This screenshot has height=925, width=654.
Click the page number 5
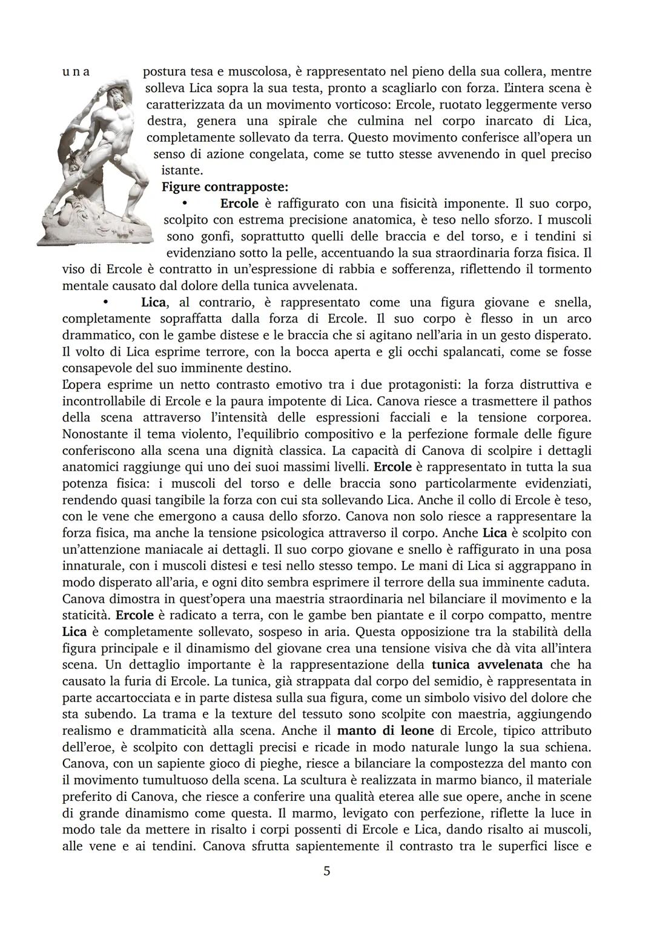[327, 871]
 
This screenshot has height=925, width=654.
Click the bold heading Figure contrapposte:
[225, 187]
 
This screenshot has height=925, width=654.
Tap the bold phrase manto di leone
[385, 730]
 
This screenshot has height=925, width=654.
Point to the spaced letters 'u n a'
[76, 71]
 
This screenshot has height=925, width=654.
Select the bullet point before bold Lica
[105, 302]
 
